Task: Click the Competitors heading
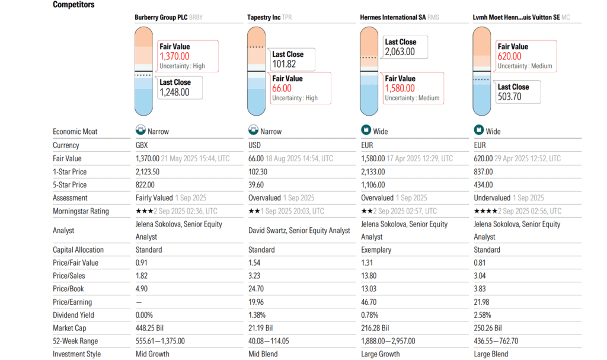[74, 5]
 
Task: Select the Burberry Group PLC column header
[161, 17]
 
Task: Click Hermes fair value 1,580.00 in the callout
[400, 88]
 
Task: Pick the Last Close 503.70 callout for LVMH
[510, 97]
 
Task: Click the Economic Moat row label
[75, 132]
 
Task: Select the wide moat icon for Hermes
[366, 131]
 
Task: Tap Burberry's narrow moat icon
[140, 131]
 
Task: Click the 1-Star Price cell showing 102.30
[258, 171]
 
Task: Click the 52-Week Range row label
[75, 341]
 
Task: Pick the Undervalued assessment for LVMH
[492, 197]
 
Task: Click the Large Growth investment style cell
[380, 354]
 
